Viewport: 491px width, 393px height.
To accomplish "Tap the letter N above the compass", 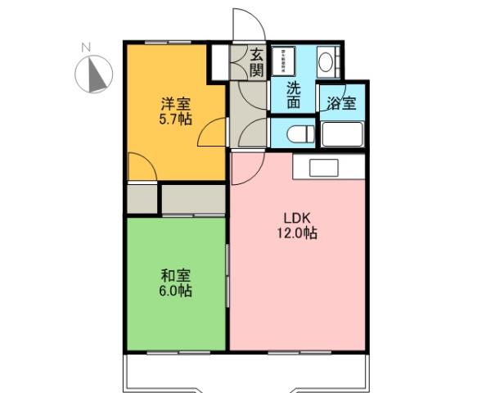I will coord(85,47).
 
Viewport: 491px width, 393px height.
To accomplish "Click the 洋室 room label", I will coord(174,104).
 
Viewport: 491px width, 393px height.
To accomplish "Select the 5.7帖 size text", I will coord(175,120).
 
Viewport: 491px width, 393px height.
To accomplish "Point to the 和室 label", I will coord(175,275).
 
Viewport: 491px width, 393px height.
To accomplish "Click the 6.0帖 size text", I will coord(175,291).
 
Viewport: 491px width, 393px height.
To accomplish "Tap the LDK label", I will coord(296,219).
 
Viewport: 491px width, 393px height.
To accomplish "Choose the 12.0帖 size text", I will coord(296,234).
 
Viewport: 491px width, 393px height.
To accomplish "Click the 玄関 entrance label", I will coord(256,63).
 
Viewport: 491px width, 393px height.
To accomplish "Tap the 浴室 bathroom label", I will coord(340,103).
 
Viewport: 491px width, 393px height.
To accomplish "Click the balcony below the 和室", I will coord(176,373).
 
